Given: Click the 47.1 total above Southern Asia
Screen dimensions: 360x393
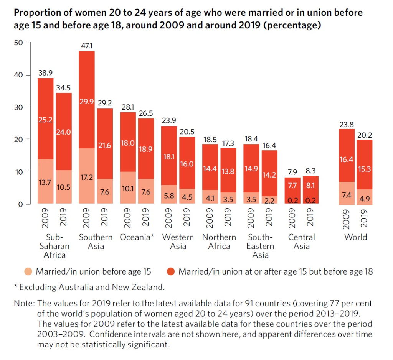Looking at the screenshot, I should [86, 46].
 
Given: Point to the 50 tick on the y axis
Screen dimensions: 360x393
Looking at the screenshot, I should [19, 42].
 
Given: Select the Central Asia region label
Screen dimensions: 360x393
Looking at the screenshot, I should [301, 242].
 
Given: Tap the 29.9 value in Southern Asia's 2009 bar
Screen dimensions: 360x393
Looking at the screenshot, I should [86, 102].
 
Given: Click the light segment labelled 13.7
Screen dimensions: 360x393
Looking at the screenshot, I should [45, 182].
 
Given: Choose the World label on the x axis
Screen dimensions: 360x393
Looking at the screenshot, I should [355, 237].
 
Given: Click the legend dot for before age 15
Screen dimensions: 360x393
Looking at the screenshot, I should [28, 272].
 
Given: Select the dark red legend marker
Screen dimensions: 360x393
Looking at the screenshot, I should [171, 272].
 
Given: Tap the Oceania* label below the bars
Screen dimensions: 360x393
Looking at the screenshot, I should [137, 237].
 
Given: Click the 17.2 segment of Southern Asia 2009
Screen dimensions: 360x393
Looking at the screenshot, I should [86, 178].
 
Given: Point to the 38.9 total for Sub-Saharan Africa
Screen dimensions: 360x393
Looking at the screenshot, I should [45, 72].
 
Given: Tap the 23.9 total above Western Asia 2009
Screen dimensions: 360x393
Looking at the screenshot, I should [169, 120].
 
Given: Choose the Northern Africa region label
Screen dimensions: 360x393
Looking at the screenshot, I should [219, 242].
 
